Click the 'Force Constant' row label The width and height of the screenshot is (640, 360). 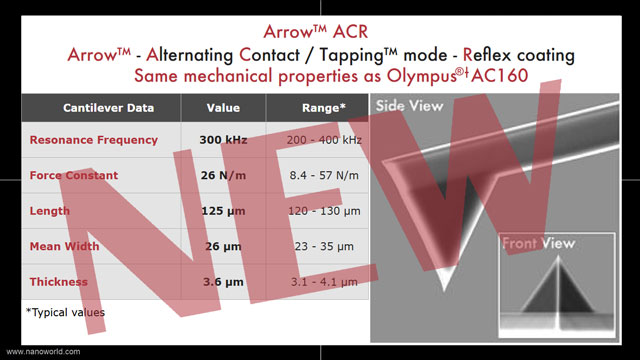[x=74, y=176]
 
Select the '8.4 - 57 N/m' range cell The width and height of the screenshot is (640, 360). [x=322, y=176]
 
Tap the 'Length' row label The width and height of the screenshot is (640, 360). [x=50, y=211]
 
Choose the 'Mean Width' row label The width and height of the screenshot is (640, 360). [x=66, y=247]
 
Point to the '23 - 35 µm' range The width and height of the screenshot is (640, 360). [x=322, y=247]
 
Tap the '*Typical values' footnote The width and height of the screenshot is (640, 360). [x=66, y=313]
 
